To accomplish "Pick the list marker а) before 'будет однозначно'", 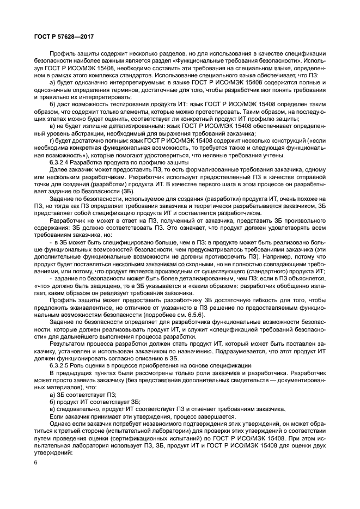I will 52,82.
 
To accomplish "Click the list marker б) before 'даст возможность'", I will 52,103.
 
